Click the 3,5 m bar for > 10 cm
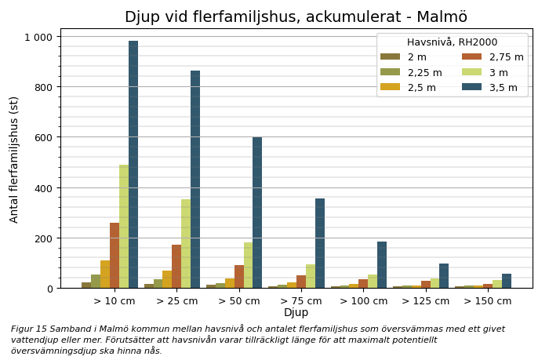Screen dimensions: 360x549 [133, 165]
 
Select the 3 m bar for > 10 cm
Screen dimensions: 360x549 [124, 227]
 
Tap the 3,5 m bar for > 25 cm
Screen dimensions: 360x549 [195, 180]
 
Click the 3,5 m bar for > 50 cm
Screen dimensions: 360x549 [257, 213]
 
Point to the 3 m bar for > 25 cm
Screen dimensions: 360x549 [186, 244]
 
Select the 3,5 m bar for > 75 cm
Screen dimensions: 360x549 [320, 243]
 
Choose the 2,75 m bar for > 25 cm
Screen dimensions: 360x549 [176, 267]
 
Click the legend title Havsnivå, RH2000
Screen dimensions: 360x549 [452, 42]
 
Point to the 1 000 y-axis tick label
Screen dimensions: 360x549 [38, 37]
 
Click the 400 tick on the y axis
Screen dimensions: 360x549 [44, 188]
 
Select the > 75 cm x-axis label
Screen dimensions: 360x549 [300, 301]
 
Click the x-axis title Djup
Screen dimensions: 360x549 [296, 313]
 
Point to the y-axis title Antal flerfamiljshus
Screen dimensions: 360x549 [14, 159]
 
